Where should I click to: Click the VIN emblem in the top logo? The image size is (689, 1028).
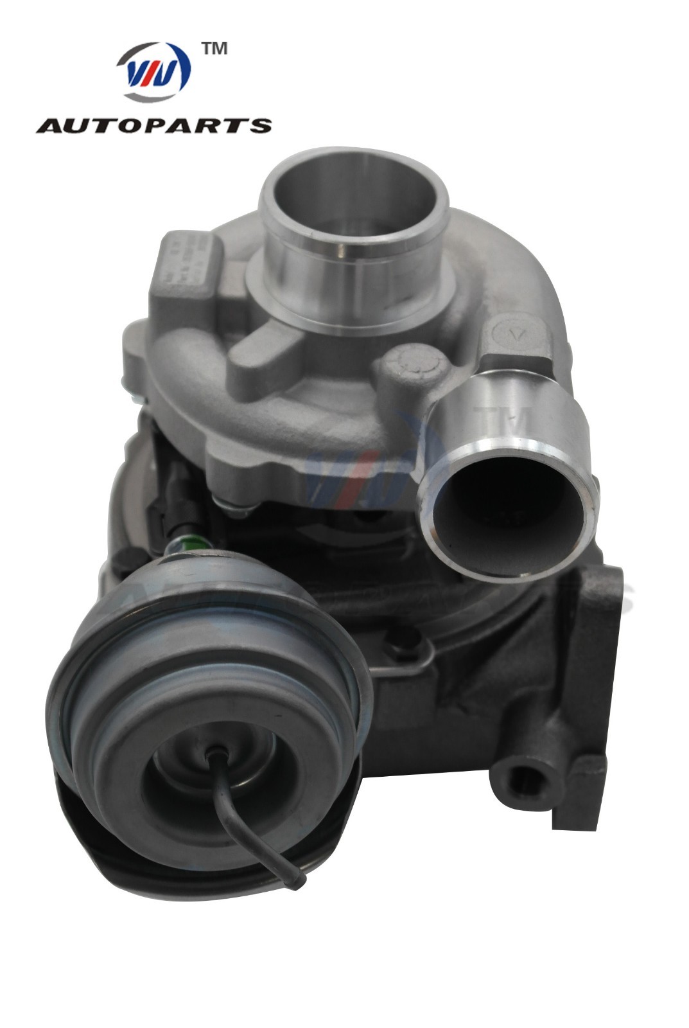coord(154,72)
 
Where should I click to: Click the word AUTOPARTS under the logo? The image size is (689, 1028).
coord(154,125)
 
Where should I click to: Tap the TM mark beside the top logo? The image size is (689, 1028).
coord(214,49)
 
